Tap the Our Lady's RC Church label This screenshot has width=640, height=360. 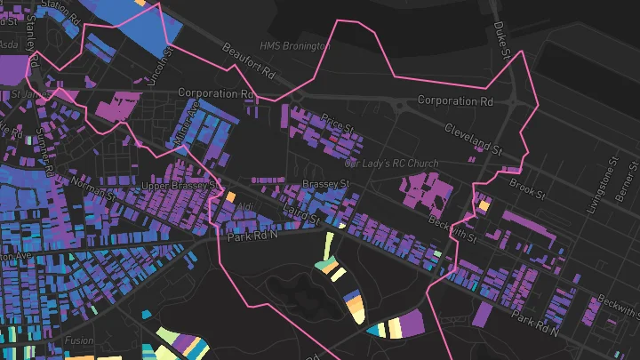[x=392, y=164]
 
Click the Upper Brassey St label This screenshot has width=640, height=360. [x=178, y=186]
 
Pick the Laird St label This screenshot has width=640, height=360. [x=304, y=212]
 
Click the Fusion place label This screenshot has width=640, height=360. [x=78, y=340]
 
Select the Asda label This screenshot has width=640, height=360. [x=10, y=43]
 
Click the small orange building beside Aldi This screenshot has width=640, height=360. [x=229, y=196]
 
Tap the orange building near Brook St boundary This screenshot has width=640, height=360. [x=484, y=205]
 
